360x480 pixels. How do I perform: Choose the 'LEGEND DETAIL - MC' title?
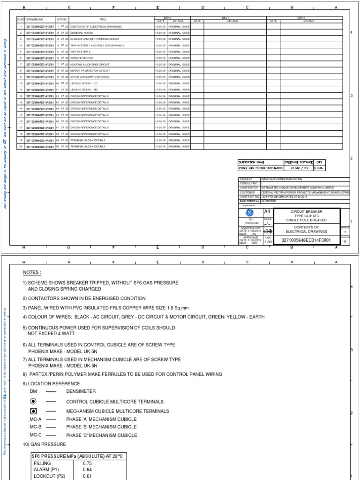click(x=84, y=90)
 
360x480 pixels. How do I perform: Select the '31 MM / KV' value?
click(x=298, y=168)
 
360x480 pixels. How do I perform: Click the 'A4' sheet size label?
click(x=267, y=212)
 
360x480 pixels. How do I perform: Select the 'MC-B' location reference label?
click(x=36, y=427)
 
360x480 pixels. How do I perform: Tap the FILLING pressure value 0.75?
click(x=87, y=463)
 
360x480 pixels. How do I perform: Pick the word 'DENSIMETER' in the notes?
click(x=81, y=391)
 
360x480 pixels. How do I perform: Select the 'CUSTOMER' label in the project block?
click(x=247, y=192)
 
